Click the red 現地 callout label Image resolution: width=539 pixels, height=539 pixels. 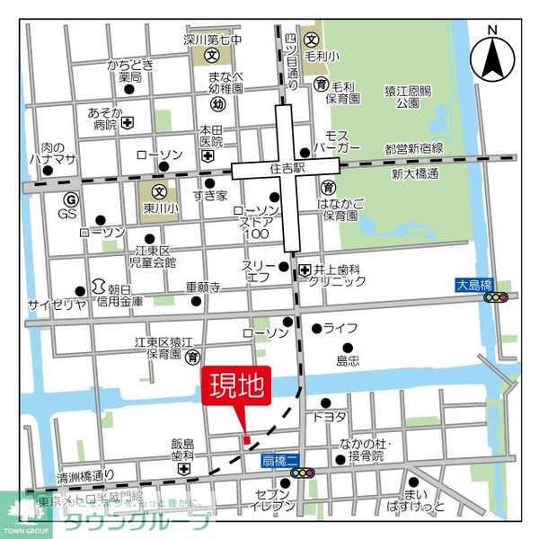coord(237,388)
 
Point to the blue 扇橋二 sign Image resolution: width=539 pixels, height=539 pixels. coord(278,460)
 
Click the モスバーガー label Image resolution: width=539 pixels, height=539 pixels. coord(339,138)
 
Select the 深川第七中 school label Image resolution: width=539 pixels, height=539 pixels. coord(212,40)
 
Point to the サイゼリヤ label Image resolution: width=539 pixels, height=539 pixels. coord(57,303)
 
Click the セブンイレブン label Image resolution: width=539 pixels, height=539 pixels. coord(275,499)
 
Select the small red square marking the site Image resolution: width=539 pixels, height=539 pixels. coord(246,438)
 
